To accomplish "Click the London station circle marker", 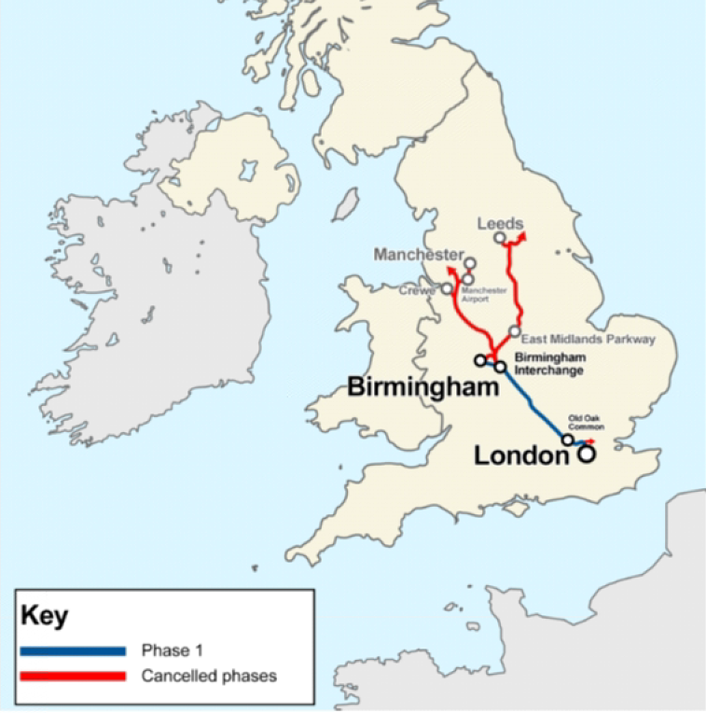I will [586, 454].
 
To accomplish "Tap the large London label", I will [521, 455].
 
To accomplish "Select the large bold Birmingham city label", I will [423, 386].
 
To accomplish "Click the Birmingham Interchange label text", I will [549, 363].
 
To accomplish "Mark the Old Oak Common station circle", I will [567, 440].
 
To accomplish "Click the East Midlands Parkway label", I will [588, 340].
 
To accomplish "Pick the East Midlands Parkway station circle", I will [514, 331].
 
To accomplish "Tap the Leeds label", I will [500, 224].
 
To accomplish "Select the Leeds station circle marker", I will [500, 239].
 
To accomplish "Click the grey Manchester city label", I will [418, 254].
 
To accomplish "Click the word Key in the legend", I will [44, 617].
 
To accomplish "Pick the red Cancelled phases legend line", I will [72, 676].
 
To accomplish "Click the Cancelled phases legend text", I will [209, 676].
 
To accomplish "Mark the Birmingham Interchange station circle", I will [500, 367].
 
